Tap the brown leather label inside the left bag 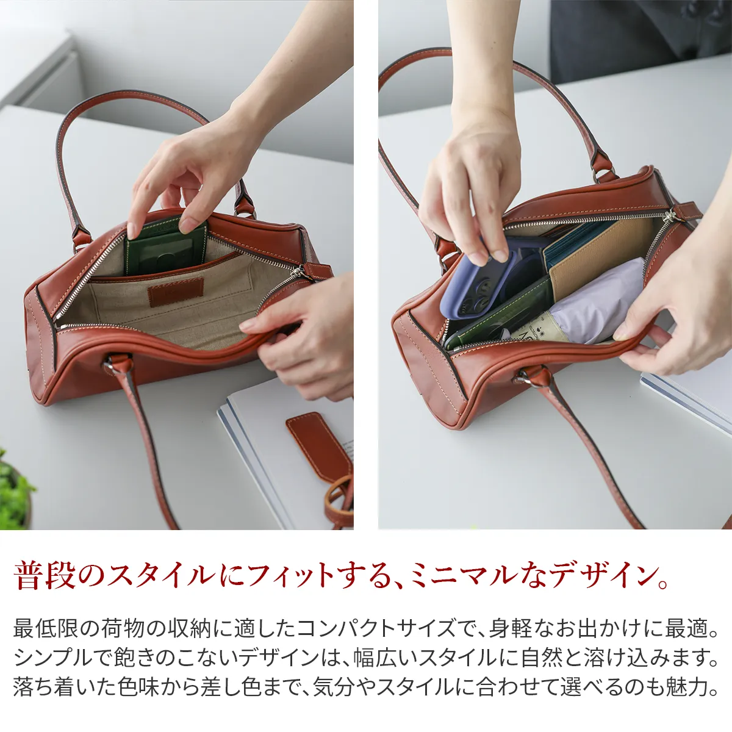click(176, 292)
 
